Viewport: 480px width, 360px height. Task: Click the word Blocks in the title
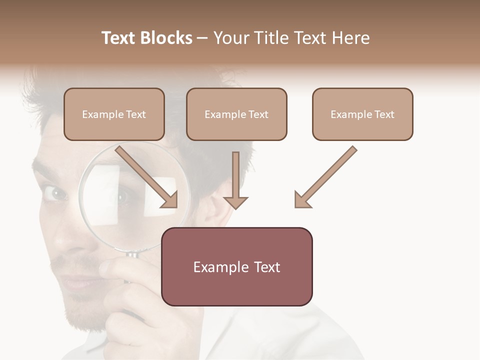click(x=167, y=38)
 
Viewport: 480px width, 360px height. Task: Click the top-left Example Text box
click(x=114, y=114)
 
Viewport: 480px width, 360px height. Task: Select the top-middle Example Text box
click(x=236, y=114)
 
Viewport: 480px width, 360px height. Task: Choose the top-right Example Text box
click(x=362, y=114)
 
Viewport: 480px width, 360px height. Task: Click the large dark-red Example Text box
click(x=237, y=267)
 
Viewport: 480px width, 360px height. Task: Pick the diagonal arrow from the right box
click(x=325, y=177)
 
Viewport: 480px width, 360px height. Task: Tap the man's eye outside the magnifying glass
click(x=56, y=193)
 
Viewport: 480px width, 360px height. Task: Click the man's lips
click(x=75, y=282)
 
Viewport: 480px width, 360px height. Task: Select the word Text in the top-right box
click(x=383, y=114)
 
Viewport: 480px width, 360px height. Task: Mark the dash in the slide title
click(x=202, y=38)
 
